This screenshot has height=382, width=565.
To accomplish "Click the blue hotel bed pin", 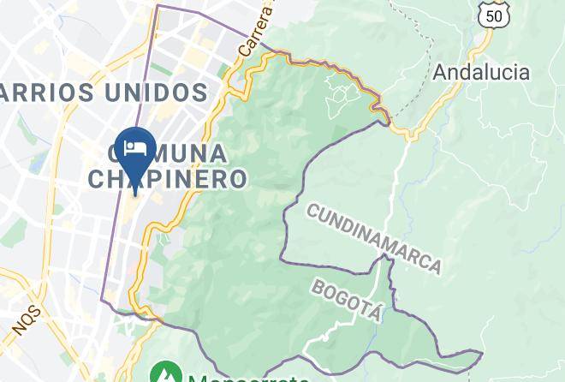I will (134, 151).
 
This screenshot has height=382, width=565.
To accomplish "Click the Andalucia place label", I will (481, 72).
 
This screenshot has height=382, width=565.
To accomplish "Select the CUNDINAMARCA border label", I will (374, 238).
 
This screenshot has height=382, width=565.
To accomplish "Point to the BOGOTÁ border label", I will (346, 300).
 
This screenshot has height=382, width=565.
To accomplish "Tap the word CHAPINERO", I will (168, 179).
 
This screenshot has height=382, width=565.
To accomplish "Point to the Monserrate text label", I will (248, 378).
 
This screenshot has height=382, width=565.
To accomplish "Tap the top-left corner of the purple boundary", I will (158, 6).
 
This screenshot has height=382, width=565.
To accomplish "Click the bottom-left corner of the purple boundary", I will (102, 301).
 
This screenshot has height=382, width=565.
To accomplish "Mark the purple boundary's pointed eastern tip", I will (482, 352).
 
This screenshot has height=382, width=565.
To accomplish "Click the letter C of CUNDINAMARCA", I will (312, 210).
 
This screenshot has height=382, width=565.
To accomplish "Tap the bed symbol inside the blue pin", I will (134, 147).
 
